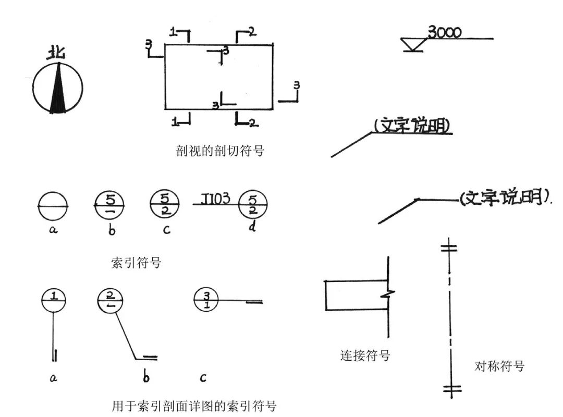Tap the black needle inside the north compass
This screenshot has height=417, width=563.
click(58, 91)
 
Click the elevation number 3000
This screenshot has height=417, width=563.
click(444, 32)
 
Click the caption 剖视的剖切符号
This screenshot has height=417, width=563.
click(221, 151)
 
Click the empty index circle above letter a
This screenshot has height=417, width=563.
click(53, 206)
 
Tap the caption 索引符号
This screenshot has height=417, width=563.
click(136, 262)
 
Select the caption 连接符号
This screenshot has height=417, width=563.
click(365, 356)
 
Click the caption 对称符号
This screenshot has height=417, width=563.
click(499, 366)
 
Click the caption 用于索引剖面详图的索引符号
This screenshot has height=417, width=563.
click(194, 406)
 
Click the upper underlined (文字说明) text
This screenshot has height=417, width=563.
click(412, 126)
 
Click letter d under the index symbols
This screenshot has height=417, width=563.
click(252, 228)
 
